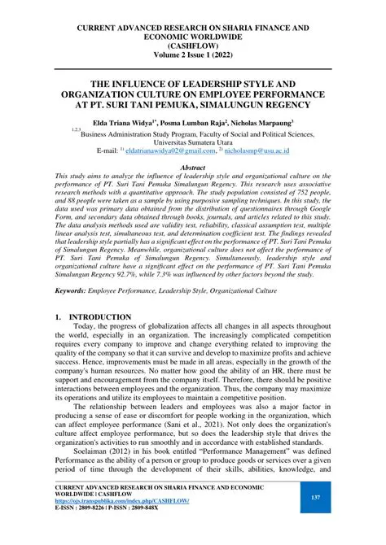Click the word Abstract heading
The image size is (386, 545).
point(192,167)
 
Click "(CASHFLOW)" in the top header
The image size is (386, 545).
point(193,46)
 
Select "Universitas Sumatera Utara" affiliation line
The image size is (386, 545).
point(193,140)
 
